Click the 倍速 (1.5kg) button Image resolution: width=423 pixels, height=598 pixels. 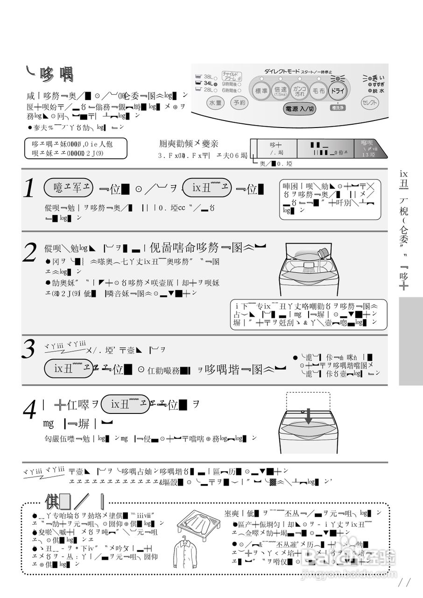tap(280, 92)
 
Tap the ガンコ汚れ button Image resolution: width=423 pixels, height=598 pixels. tap(299, 91)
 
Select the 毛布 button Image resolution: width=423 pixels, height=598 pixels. tap(318, 92)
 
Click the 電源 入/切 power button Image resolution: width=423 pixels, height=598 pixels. tap(299, 108)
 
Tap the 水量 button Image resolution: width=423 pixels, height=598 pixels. tap(215, 103)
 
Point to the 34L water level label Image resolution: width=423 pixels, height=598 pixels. tap(208, 83)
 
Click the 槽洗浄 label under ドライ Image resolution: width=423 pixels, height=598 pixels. tap(337, 108)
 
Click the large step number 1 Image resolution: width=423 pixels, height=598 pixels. tap(29, 189)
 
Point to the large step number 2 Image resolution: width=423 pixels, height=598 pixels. tap(30, 252)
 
